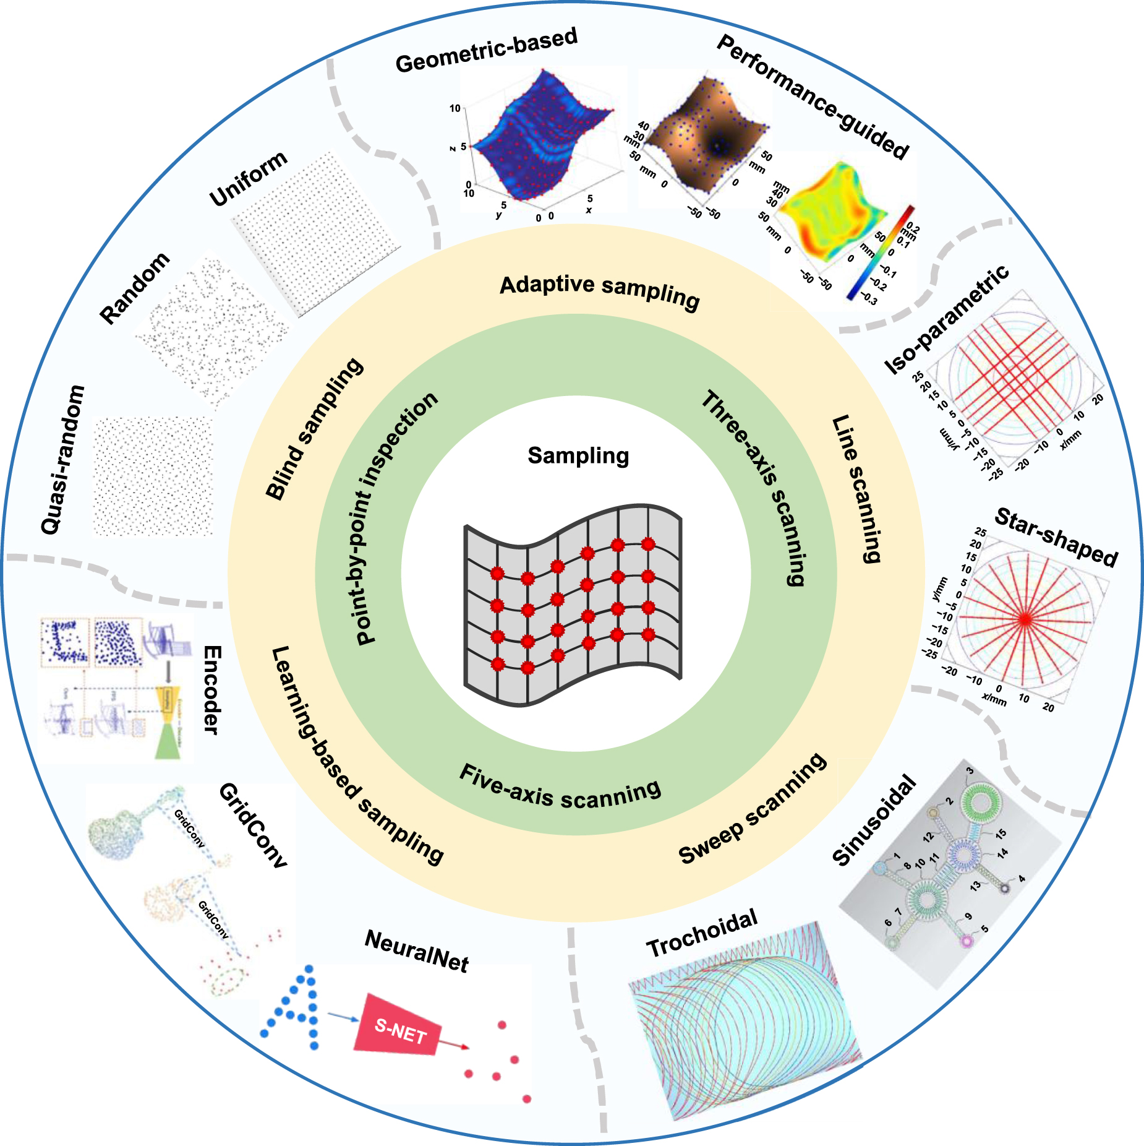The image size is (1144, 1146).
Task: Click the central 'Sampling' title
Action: (578, 456)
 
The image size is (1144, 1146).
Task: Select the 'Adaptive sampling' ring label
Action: (599, 291)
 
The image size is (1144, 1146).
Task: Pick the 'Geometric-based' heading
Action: (486, 50)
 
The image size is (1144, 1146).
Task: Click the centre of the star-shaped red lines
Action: (1025, 618)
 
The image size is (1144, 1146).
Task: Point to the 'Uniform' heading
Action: (248, 178)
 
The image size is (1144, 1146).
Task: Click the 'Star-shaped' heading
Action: (1056, 537)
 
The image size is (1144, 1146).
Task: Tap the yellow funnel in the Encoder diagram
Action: (166, 700)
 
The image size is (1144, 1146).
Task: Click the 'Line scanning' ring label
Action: (856, 489)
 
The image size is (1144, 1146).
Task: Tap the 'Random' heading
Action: (134, 288)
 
